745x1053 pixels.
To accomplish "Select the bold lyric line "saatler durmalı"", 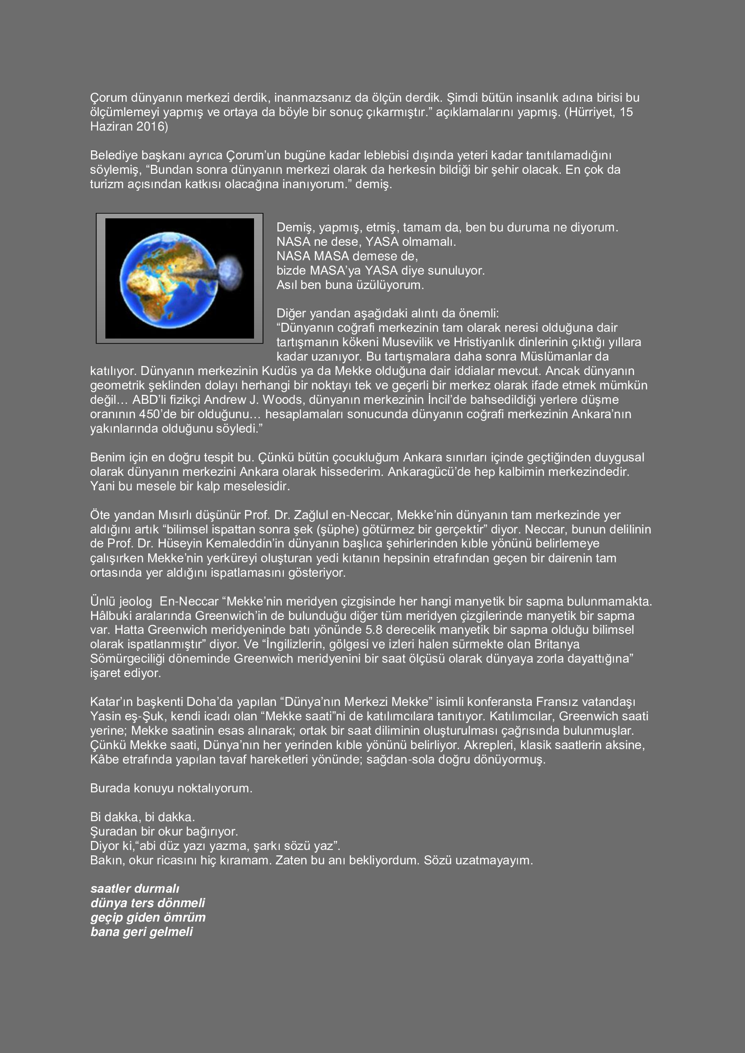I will pos(135,889).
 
